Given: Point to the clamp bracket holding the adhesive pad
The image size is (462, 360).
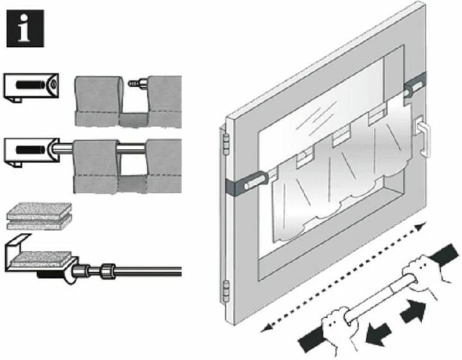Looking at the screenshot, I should click(x=32, y=257).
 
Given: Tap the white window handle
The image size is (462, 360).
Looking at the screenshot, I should click(x=423, y=136).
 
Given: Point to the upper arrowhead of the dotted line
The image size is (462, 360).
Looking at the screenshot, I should click(x=420, y=227).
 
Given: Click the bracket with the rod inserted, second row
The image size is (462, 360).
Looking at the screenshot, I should click(x=31, y=151).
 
